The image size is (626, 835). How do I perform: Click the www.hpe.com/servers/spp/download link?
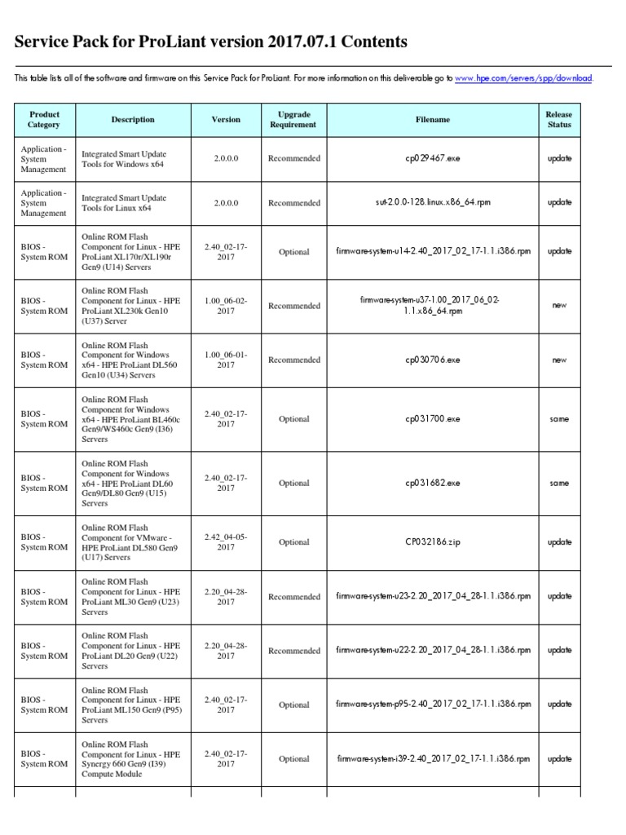click(x=524, y=78)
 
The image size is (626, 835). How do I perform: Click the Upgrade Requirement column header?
click(x=293, y=120)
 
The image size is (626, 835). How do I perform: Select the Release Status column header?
click(x=559, y=120)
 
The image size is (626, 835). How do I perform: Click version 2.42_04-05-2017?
click(x=226, y=542)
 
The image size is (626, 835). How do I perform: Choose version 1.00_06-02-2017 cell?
click(x=226, y=306)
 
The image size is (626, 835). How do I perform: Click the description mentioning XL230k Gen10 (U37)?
click(x=131, y=306)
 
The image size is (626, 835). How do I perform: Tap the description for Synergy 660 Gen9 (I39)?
click(x=131, y=759)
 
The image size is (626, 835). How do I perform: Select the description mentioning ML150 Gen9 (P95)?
click(x=131, y=705)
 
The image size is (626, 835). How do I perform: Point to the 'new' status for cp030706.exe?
click(x=559, y=360)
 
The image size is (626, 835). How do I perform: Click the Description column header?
click(x=133, y=120)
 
